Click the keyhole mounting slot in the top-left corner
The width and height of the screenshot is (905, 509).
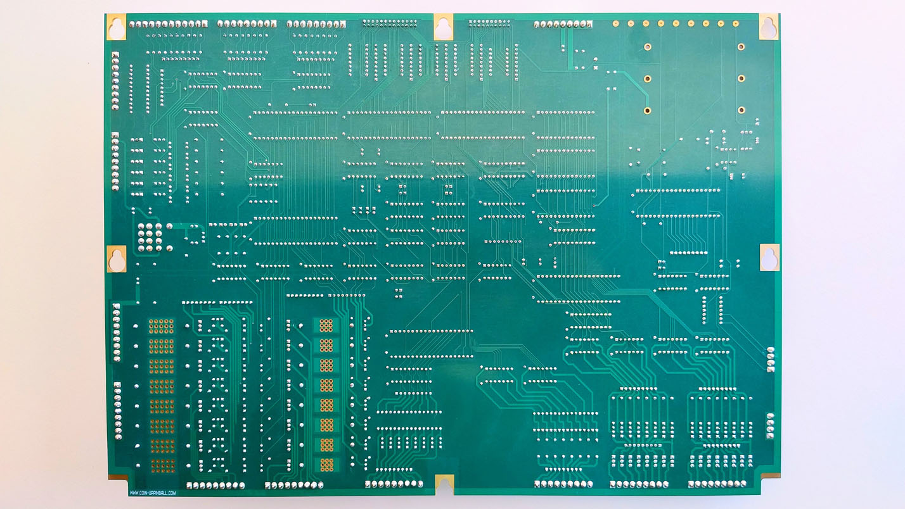[117, 27]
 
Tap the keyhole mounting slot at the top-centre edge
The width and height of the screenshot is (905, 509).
[444, 27]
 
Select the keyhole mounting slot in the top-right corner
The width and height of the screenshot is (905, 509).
[769, 26]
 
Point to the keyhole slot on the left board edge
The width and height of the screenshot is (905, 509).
[117, 258]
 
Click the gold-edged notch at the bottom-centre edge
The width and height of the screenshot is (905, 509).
[444, 484]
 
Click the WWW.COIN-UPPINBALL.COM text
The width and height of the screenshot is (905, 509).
[153, 492]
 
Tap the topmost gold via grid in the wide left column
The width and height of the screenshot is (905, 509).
[161, 325]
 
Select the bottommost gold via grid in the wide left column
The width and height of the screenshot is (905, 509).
[162, 466]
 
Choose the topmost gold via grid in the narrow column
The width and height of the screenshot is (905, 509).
[326, 325]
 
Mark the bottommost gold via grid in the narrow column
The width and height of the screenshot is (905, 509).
[326, 465]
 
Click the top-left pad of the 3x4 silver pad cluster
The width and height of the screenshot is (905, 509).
[141, 226]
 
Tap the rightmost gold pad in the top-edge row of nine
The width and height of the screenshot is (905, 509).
[736, 24]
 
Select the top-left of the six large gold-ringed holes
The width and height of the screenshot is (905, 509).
[647, 46]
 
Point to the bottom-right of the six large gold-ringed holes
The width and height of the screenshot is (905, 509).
[741, 110]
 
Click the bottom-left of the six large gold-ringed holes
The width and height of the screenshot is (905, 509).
[647, 110]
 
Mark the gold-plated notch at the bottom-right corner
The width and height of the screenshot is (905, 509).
[769, 475]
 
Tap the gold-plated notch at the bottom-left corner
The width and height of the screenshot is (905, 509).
[118, 476]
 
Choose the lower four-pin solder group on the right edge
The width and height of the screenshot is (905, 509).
[771, 425]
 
